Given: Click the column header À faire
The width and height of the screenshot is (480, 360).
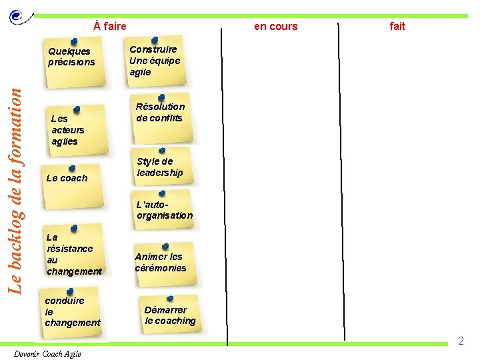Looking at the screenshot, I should click(x=110, y=26).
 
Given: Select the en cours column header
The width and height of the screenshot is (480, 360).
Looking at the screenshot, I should click(x=275, y=26).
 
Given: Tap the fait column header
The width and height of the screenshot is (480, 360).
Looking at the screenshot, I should click(x=397, y=26).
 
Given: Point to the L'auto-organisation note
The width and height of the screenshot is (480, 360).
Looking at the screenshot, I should click(x=164, y=210).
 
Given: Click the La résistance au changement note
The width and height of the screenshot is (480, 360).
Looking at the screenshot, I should click(x=74, y=252).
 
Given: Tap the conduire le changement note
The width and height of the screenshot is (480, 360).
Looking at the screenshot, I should click(x=72, y=311).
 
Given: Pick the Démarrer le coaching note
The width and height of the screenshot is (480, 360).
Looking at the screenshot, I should click(x=171, y=315).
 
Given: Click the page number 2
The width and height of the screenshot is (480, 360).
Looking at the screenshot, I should click(x=460, y=341).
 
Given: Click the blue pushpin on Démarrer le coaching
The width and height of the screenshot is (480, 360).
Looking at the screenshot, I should click(x=170, y=299).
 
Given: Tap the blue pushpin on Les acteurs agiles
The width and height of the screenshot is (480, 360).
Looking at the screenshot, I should click(x=77, y=108).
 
